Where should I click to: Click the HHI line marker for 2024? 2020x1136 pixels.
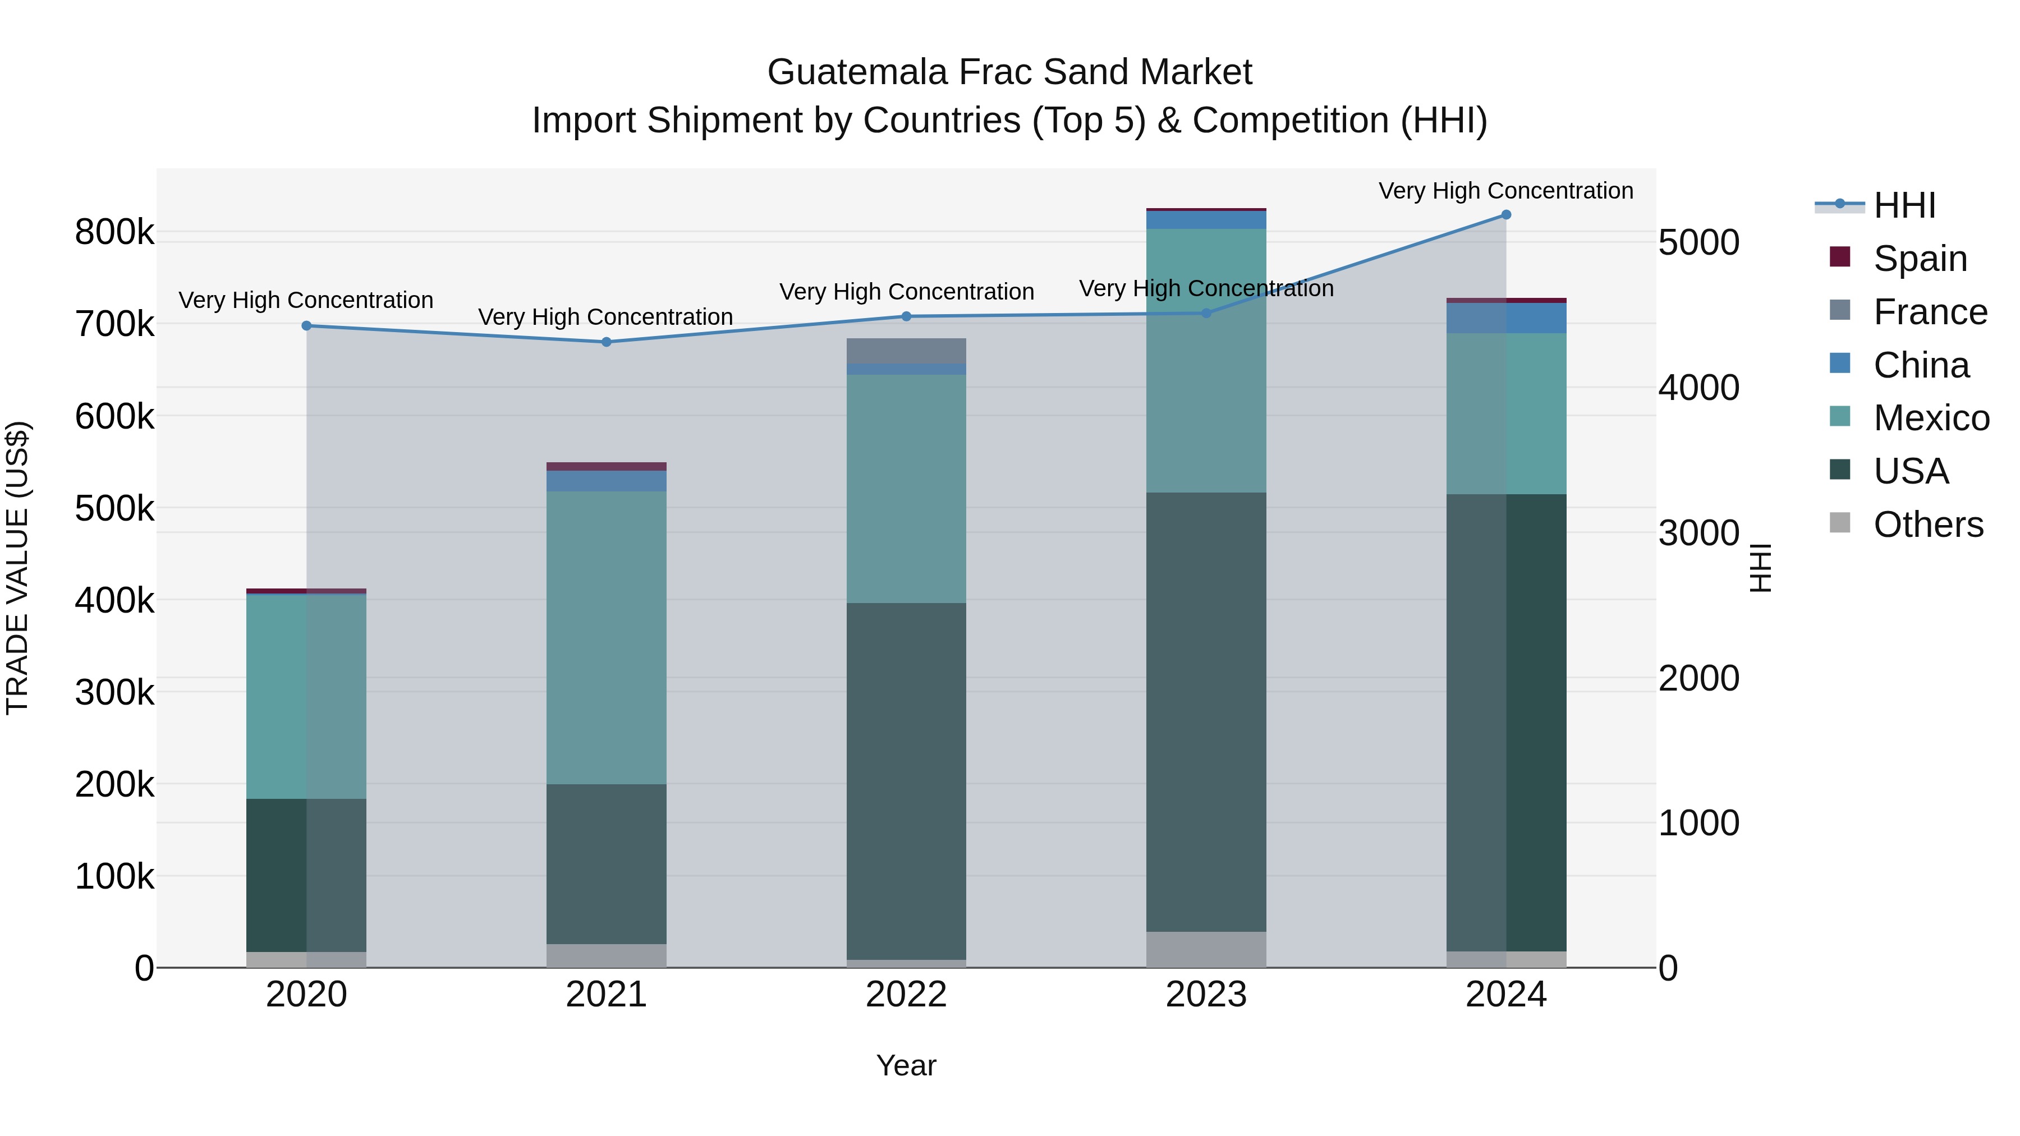[1505, 215]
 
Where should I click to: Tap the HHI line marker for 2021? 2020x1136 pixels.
[606, 342]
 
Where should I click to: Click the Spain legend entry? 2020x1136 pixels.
[1920, 259]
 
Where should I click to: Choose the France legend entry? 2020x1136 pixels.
[1930, 312]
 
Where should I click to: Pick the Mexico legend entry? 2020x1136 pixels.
[1931, 418]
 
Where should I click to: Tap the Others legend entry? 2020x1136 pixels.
[1927, 525]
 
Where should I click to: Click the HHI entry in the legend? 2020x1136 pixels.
[1904, 205]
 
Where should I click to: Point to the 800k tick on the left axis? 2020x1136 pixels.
[114, 232]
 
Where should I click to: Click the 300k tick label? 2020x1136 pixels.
[114, 692]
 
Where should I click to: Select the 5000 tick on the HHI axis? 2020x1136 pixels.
[1698, 242]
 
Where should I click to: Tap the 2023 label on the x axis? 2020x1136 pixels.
[1206, 995]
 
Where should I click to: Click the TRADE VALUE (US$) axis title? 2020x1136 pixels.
[18, 568]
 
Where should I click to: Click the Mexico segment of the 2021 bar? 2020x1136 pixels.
[606, 637]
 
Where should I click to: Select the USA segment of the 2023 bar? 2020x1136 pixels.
[1206, 711]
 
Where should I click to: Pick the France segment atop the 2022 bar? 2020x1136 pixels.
[907, 351]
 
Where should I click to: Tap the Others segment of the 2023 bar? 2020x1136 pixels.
[1206, 949]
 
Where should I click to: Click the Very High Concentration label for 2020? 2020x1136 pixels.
[306, 300]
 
